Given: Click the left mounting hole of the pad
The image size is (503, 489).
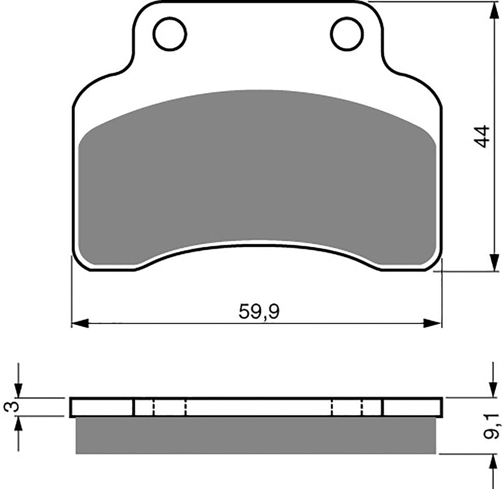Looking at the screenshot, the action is pos(170,34).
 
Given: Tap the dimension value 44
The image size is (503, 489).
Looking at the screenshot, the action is pos(482,136).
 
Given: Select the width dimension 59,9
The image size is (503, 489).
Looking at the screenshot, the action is pos(259,312).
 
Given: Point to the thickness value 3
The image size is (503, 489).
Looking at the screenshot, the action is pos(11,406).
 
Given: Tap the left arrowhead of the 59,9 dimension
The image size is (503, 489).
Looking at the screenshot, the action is pos(80,323).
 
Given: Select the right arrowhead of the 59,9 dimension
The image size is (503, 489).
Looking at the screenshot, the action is pos(432,323).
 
